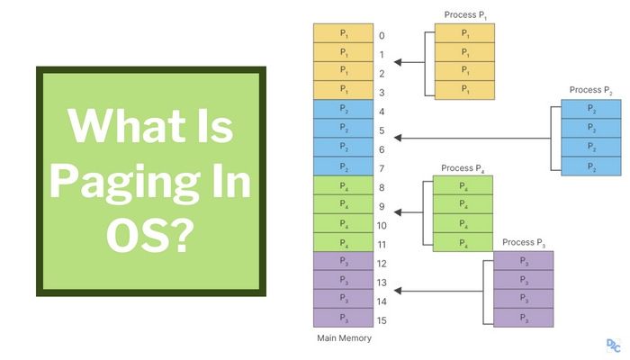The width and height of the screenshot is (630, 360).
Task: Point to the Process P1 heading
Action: point(464,14)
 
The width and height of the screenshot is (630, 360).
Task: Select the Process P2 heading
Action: point(589,90)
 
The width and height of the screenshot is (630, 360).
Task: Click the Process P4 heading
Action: point(463,167)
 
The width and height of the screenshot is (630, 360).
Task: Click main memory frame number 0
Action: point(382,36)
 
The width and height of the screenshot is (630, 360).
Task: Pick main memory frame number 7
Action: point(382,168)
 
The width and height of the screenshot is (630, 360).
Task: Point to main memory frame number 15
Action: point(382,319)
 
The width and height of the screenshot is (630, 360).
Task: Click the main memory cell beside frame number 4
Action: point(342,111)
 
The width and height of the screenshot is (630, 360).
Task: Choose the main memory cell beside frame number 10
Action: point(342,224)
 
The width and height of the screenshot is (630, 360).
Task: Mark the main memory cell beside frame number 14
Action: point(342,300)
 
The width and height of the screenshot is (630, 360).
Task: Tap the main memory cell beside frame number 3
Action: point(342,92)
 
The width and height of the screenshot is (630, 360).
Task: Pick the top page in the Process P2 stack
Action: point(589,109)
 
